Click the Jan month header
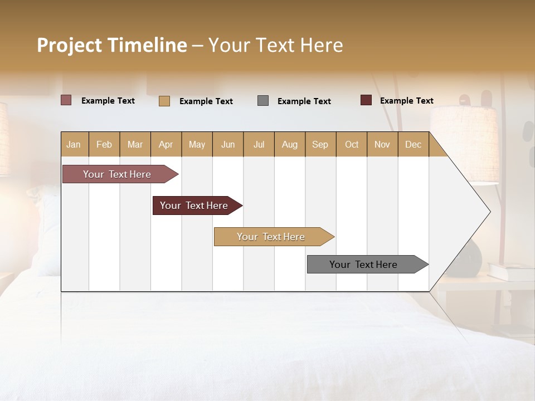(x=74, y=144)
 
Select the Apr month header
(x=166, y=144)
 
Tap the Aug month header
(x=290, y=144)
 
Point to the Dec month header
(x=413, y=144)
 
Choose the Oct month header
(x=352, y=144)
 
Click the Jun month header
(x=228, y=144)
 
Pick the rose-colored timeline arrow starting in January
(x=118, y=174)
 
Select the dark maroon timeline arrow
(x=194, y=206)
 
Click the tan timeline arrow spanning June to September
(x=271, y=237)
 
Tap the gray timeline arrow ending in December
(x=364, y=265)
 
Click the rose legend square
(x=66, y=100)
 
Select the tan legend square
(x=164, y=101)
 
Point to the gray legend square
(x=263, y=100)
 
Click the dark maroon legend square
(x=366, y=100)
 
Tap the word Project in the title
(x=69, y=45)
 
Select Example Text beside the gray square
(x=304, y=101)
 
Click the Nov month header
(x=382, y=144)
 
